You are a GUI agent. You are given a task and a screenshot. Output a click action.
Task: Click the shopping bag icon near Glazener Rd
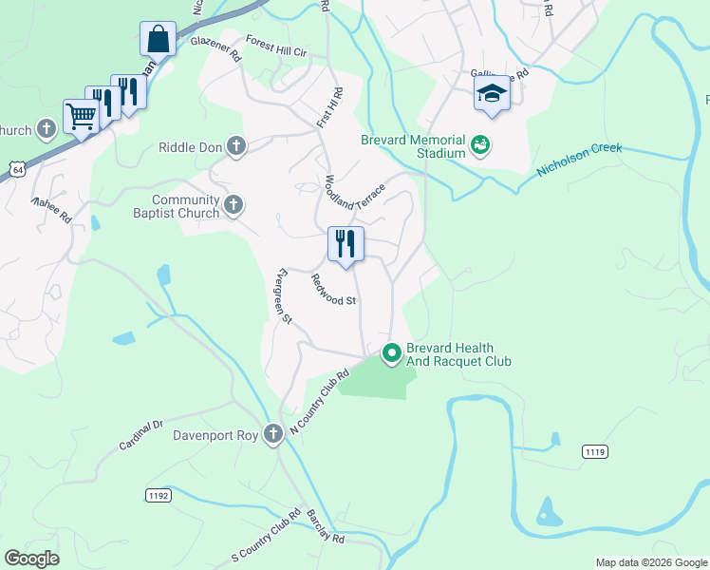(159, 40)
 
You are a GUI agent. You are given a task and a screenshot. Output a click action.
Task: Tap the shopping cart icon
(81, 117)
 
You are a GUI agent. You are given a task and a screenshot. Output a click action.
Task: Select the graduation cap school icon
(492, 94)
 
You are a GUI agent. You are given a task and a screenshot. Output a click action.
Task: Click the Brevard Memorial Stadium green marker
(480, 146)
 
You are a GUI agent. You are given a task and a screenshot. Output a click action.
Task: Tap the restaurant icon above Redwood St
(346, 244)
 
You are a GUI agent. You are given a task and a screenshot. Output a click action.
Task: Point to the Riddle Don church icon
(236, 146)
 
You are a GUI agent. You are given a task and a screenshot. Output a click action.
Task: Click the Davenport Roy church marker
(273, 435)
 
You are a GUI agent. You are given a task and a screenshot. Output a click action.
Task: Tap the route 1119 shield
(595, 452)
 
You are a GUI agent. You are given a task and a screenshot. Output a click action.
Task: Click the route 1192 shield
(159, 495)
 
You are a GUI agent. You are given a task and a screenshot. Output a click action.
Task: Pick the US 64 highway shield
(16, 168)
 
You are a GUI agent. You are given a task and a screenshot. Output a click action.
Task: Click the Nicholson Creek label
(579, 160)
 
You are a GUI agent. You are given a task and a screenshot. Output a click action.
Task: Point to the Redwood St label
(333, 289)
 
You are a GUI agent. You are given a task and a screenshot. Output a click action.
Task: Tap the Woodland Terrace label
(355, 192)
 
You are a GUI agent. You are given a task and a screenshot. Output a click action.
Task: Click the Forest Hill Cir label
(276, 45)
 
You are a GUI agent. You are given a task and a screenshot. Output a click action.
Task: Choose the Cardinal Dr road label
(141, 435)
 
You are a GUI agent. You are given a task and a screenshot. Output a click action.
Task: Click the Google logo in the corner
(31, 559)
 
